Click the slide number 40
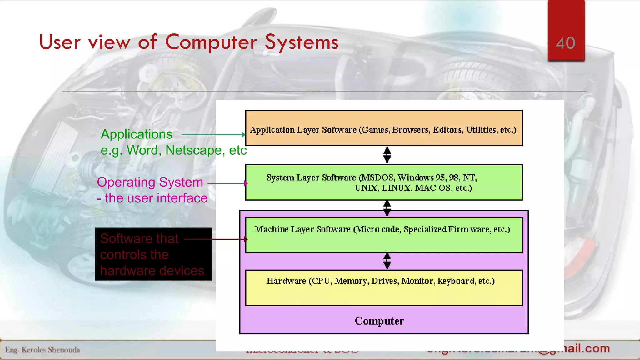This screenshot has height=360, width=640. [x=565, y=43]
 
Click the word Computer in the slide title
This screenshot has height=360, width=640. [x=211, y=42]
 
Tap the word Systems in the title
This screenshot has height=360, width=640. [x=302, y=42]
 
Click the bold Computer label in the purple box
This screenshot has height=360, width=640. [x=379, y=321]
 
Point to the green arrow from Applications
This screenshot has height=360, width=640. [x=212, y=135]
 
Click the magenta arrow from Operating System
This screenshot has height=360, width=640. [x=227, y=183]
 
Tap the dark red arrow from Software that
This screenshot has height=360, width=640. [x=216, y=239]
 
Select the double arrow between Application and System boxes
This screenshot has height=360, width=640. [x=387, y=155]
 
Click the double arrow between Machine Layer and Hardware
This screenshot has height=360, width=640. [x=387, y=261]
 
